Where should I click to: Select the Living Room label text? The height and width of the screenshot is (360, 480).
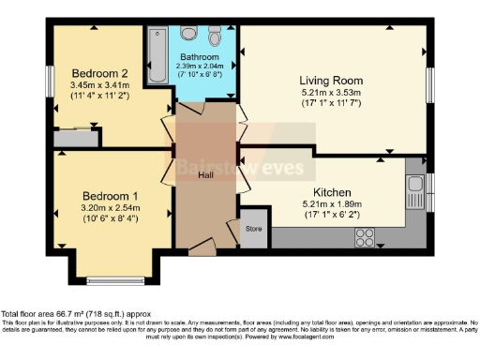[331, 80]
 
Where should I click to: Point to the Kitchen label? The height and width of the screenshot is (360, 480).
[331, 192]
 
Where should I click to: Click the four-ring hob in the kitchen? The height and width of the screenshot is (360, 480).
[364, 236]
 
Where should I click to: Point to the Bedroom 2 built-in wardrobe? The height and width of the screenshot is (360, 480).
[75, 139]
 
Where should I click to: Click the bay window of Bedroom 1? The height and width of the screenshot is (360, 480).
[112, 278]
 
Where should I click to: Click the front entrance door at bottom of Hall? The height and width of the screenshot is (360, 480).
[203, 247]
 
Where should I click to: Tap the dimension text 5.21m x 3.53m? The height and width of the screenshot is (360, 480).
[331, 93]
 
